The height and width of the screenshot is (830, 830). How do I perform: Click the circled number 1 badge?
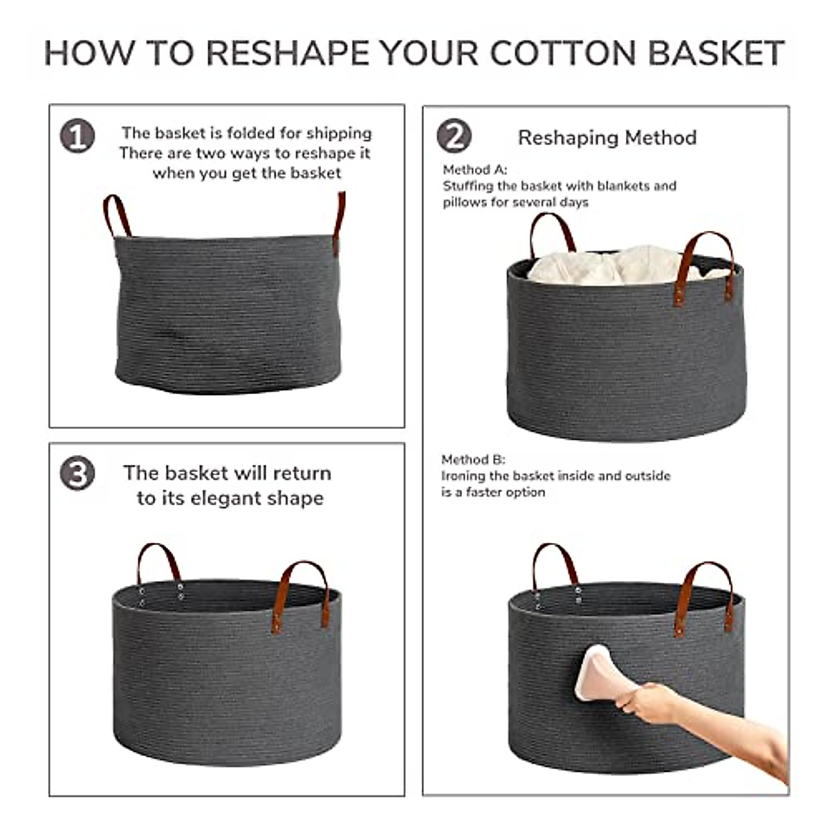pos(77,136)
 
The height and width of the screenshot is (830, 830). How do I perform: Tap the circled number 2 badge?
pos(454,136)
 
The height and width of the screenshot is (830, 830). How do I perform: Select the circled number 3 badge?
pos(77,474)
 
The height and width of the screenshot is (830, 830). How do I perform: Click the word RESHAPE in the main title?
pos(286,54)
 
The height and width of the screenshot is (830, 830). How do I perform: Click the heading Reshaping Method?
pos(607,138)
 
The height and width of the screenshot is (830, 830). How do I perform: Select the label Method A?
pos(474,169)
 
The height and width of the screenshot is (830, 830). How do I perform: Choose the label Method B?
pos(473,459)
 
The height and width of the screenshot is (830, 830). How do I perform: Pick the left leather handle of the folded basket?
pos(116,214)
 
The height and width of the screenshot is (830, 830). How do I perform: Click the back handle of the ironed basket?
pos(554,564)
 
